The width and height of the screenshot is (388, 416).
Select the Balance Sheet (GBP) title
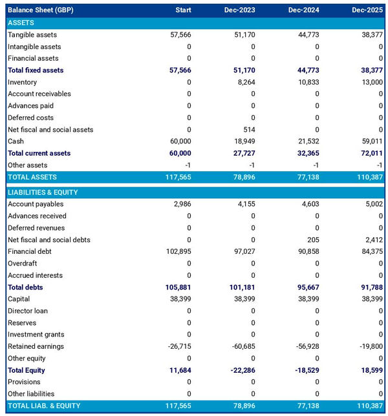coord(36,10)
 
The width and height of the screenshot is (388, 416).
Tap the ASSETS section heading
coord(21,23)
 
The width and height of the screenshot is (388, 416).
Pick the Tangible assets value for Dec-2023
coord(244,35)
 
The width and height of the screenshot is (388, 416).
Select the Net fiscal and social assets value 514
coord(249,129)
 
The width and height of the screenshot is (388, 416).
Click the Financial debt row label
coord(30,251)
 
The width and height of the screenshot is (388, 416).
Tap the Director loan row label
coord(28,311)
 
